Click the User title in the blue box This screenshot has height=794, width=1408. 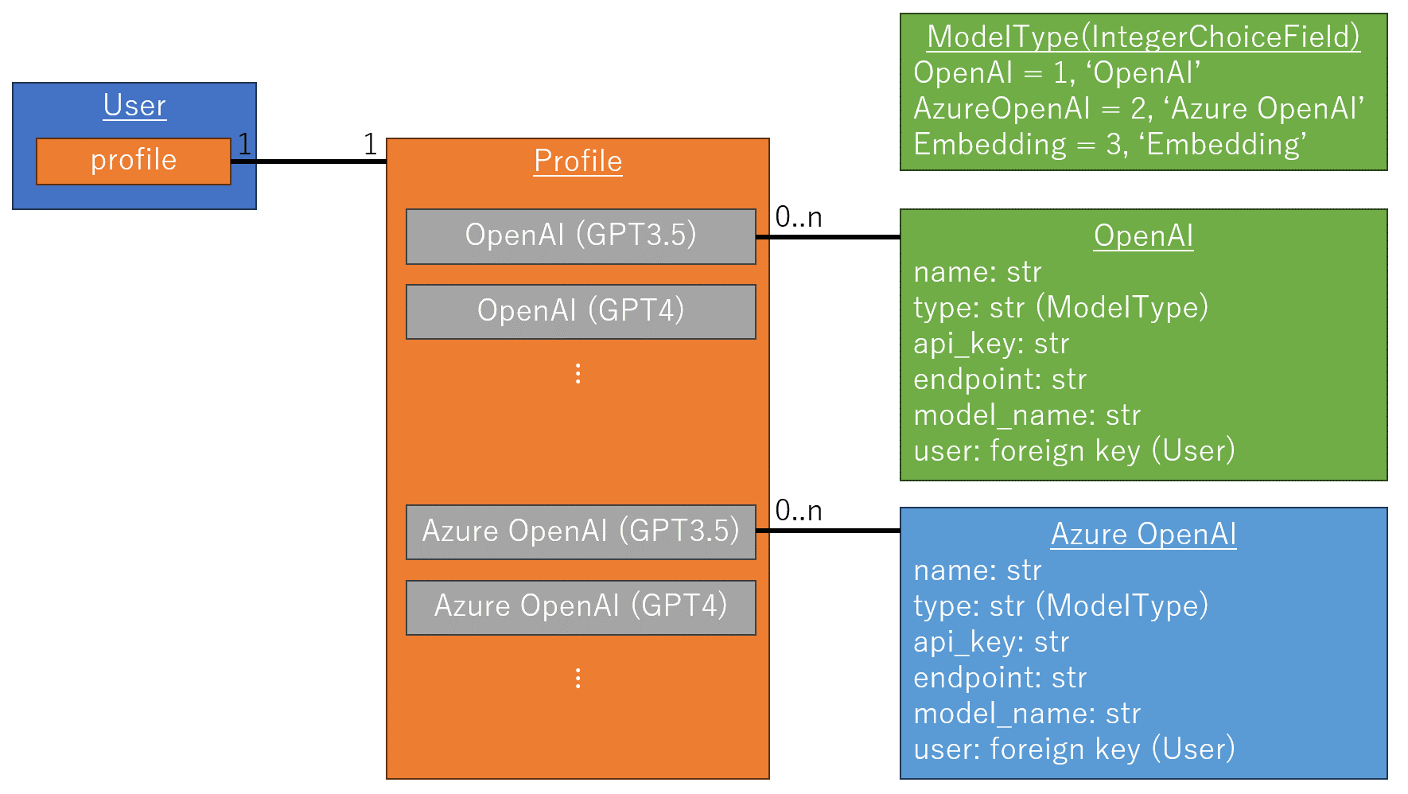pos(134,105)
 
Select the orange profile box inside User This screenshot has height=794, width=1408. pos(134,161)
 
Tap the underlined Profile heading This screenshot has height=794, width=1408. pos(578,161)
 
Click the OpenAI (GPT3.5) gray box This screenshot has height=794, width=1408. pos(581,236)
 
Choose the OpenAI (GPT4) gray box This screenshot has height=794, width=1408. pos(581,311)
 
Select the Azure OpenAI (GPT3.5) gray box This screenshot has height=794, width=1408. pos(581,531)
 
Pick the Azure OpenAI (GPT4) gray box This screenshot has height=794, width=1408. pos(581,607)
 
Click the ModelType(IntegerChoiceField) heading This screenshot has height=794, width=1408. pos(1143,37)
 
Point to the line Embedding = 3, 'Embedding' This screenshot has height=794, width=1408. pos(1110,144)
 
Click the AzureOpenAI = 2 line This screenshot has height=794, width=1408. pos(1138,108)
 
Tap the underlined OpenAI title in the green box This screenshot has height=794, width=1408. pos(1143,236)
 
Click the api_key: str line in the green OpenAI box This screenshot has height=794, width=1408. pos(991,344)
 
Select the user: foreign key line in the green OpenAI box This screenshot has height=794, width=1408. pos(1074,451)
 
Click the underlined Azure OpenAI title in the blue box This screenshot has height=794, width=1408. pos(1143,534)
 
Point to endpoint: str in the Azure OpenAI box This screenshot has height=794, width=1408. pos(1000,678)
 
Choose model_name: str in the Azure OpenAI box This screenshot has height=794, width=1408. pos(1027,714)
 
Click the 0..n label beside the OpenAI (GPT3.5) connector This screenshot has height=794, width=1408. pos(799,217)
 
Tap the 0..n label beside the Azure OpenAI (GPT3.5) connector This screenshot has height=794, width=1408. pos(799,511)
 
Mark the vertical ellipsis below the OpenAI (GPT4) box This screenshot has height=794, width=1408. pos(578,374)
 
